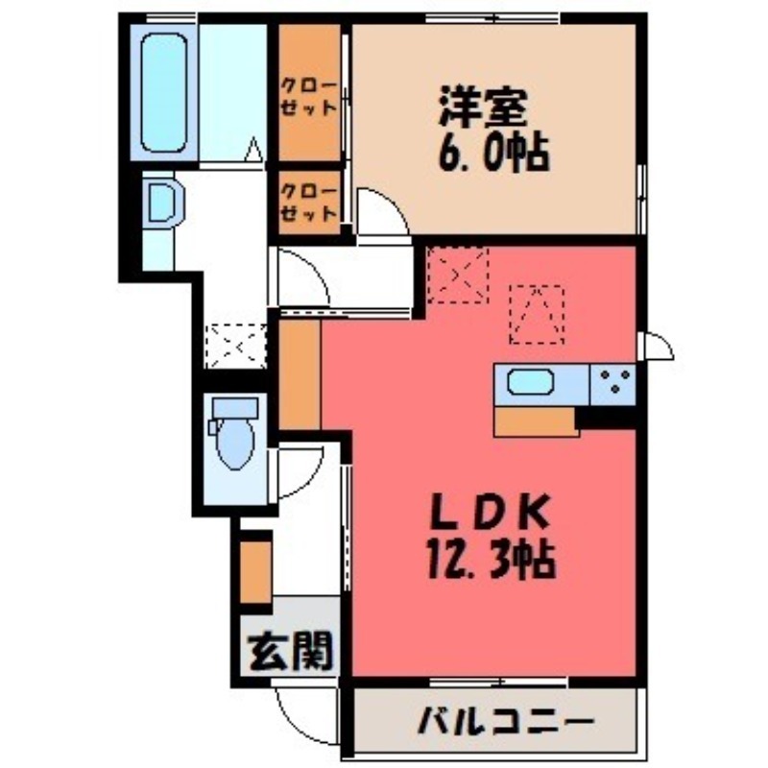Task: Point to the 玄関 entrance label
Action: tap(291, 653)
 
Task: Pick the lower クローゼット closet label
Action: tap(309, 202)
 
